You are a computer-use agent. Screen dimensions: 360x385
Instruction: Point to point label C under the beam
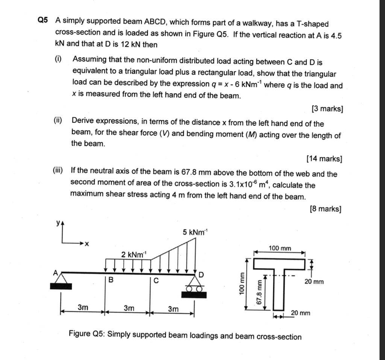pyautogui.click(x=156, y=280)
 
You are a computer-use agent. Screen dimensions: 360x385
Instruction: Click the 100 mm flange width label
pyautogui.click(x=280, y=248)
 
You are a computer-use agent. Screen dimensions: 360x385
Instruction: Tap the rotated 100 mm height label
pyautogui.click(x=242, y=283)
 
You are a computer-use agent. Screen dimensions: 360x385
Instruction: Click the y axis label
pyautogui.click(x=58, y=223)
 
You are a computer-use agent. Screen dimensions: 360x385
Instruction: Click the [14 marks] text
pyautogui.click(x=324, y=159)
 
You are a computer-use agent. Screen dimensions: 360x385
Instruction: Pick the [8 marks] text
pyautogui.click(x=326, y=209)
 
